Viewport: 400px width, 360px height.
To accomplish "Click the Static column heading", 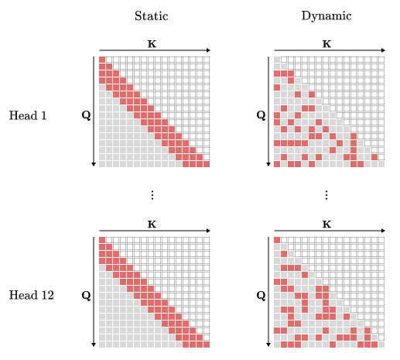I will pos(152,15).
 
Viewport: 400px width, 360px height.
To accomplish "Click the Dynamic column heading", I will pos(326,15).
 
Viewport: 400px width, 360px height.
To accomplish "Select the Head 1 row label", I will pos(28,115).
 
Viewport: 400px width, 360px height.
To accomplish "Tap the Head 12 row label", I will pos(31,295).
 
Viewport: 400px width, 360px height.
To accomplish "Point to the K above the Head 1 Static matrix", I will pos(152,44).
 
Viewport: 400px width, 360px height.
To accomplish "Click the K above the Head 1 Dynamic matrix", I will pos(326,44).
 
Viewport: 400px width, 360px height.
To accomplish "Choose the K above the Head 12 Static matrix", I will pos(152,224).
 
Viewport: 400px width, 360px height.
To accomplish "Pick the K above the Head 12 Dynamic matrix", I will pos(326,224).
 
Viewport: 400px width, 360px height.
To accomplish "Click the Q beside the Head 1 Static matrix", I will pos(86,115).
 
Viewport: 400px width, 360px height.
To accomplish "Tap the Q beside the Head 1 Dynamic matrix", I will pos(261,115).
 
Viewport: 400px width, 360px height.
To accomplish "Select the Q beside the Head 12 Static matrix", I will pos(86,295).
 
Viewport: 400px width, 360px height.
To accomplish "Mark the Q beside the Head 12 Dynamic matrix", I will pos(261,295).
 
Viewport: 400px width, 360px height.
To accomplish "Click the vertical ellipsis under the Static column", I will pos(152,194).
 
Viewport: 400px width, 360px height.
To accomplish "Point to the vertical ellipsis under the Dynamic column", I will pos(326,194).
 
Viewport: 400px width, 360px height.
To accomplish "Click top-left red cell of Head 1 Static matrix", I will pos(102,60).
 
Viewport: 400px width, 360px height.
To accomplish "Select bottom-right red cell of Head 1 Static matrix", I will pos(206,163).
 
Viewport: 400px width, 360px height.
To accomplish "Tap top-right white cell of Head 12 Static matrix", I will pos(206,239).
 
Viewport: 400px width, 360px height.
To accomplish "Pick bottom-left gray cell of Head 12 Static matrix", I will pos(102,343).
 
